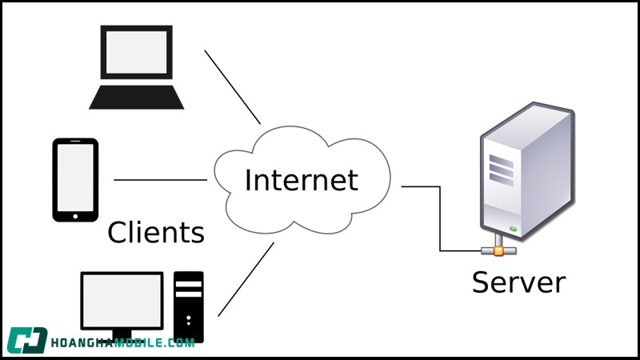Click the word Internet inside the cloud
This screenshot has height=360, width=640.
[x=301, y=179]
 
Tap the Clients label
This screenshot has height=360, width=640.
[x=156, y=233]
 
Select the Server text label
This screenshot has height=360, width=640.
[x=518, y=282]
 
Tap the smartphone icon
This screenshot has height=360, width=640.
[x=75, y=179]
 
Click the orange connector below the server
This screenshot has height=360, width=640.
[x=498, y=251]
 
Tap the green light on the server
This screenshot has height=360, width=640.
[x=514, y=229]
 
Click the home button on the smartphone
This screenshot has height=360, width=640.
[x=75, y=214]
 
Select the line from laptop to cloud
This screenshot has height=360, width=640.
[x=233, y=87]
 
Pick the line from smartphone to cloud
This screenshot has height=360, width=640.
[x=160, y=180]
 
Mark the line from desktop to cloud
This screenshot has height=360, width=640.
[x=246, y=279]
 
